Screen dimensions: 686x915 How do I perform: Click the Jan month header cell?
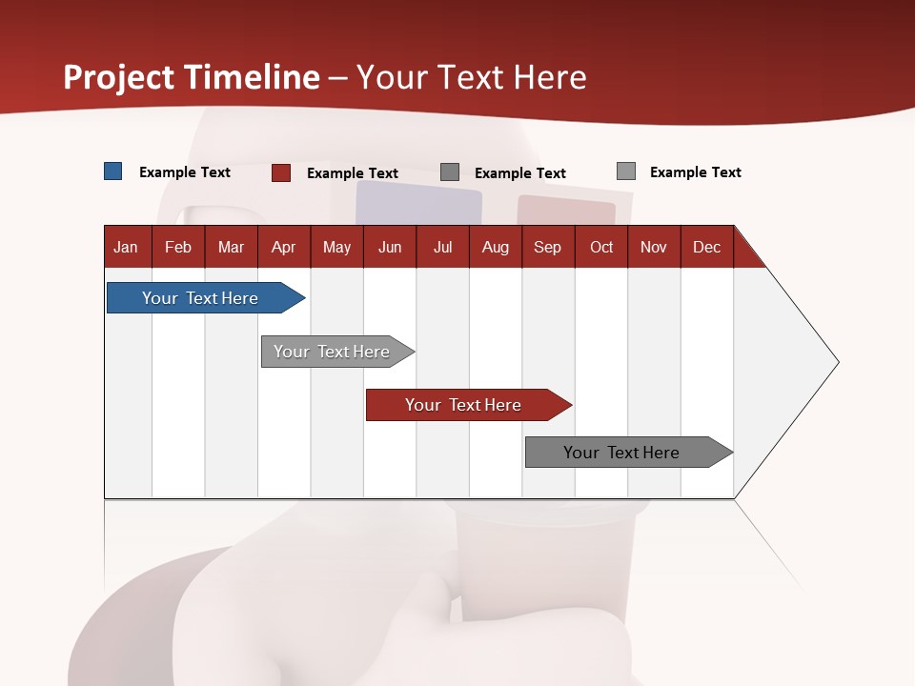click(127, 247)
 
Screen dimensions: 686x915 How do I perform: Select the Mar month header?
click(231, 247)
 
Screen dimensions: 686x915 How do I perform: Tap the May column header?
click(336, 247)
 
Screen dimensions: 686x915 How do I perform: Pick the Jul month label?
click(442, 247)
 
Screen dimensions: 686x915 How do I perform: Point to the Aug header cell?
click(495, 247)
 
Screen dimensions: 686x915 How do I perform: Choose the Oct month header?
click(600, 247)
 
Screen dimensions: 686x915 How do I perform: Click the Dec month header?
click(706, 247)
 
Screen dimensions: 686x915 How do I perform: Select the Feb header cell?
click(178, 247)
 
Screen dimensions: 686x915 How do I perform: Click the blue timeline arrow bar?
click(200, 298)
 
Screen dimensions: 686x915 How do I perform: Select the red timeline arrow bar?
click(463, 405)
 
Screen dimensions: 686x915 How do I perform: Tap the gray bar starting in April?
click(332, 352)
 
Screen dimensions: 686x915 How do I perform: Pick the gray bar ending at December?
click(621, 453)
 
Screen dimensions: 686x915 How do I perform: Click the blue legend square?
click(113, 171)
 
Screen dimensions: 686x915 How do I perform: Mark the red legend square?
click(281, 172)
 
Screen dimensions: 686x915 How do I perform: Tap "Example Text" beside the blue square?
click(185, 172)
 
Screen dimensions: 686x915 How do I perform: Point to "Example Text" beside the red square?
click(353, 173)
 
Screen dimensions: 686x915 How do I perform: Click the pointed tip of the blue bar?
click(300, 298)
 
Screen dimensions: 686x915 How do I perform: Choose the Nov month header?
click(653, 247)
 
